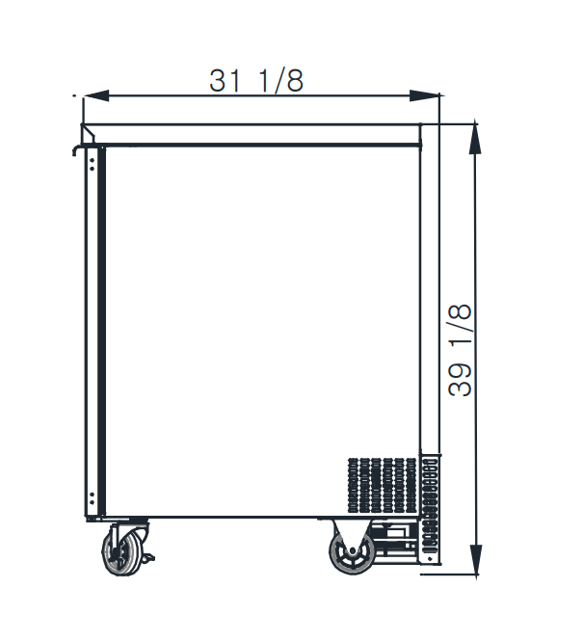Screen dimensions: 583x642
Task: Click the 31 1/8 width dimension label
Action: (256, 80)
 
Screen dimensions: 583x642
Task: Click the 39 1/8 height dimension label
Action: (461, 350)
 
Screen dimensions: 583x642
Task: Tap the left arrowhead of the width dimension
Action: (96, 95)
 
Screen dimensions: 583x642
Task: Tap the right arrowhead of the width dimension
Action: (425, 95)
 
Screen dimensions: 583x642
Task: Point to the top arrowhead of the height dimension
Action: (475, 139)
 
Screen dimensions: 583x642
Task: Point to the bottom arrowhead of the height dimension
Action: (475, 560)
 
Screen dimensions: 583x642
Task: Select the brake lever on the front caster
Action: (147, 557)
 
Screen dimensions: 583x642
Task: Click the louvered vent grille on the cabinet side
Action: (383, 485)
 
